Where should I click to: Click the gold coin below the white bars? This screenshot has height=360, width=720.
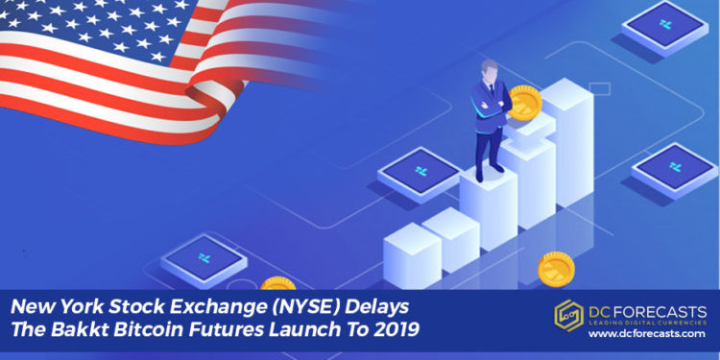(557, 269)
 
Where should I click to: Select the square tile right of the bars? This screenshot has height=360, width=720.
(675, 165)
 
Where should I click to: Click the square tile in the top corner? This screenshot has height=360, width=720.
(665, 27)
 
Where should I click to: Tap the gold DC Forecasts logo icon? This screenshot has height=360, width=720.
(569, 314)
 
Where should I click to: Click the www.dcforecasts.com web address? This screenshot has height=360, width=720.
(649, 333)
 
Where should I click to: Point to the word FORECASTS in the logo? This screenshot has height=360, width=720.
(663, 312)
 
